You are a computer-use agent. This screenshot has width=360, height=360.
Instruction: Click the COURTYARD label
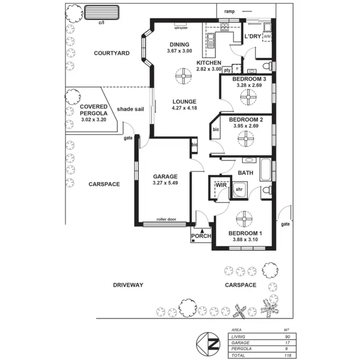[x=111, y=53]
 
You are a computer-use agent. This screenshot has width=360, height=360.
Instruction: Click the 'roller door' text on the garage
[x=166, y=219]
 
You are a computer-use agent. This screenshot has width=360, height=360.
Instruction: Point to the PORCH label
[x=201, y=236]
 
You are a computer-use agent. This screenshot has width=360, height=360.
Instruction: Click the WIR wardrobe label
[x=221, y=184]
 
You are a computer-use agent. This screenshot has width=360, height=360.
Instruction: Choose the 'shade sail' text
[x=130, y=109]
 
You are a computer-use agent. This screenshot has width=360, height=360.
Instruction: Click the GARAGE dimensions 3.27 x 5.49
[x=166, y=183]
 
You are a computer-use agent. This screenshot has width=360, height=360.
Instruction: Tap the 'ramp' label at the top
[x=228, y=11]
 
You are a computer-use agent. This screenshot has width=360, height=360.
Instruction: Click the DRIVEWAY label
[x=128, y=285]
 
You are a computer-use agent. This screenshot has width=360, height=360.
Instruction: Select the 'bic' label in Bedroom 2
[x=216, y=129]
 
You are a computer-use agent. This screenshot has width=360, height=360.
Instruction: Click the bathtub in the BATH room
[x=265, y=169]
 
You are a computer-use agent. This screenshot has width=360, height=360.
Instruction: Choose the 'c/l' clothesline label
[x=101, y=22]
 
